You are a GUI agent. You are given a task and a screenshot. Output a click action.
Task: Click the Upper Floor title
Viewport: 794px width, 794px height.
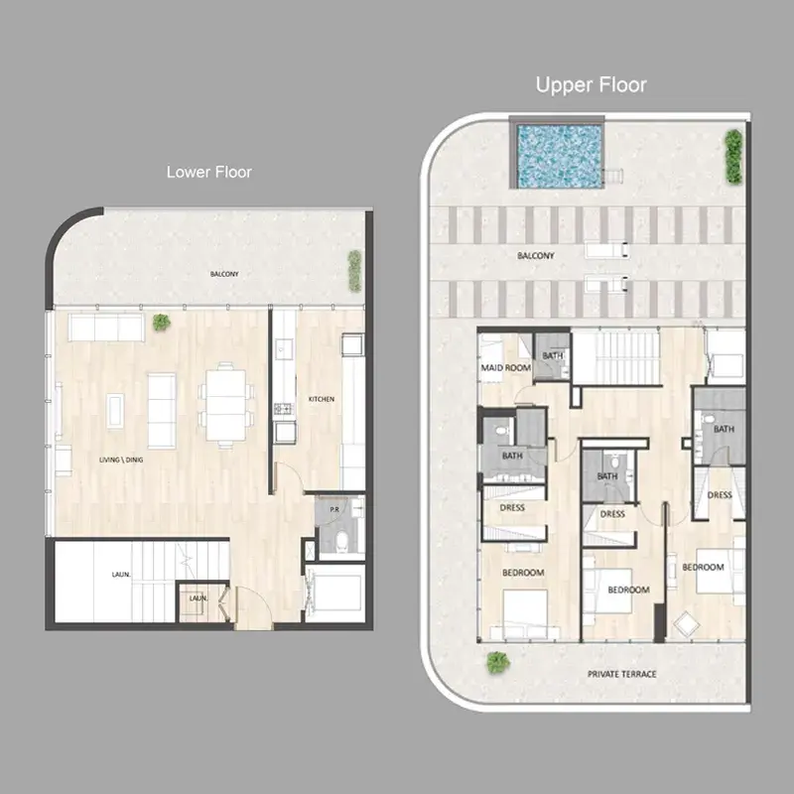(x=591, y=85)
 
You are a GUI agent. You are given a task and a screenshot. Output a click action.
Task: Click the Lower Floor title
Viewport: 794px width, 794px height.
(x=209, y=172)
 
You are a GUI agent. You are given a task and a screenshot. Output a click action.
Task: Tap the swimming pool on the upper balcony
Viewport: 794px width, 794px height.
(x=560, y=156)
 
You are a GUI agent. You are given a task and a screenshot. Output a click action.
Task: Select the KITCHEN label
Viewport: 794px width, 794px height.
(x=322, y=399)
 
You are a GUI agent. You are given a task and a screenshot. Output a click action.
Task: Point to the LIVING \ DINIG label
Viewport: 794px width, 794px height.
(x=121, y=460)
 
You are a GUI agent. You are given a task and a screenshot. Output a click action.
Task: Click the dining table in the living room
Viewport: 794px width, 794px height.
(x=226, y=406)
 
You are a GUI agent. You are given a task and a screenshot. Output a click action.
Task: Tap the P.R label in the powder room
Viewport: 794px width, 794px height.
(x=334, y=509)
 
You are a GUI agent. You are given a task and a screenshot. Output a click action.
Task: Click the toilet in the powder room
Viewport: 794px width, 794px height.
(x=342, y=540)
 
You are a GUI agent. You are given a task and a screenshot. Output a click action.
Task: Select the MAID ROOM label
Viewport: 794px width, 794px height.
(x=506, y=367)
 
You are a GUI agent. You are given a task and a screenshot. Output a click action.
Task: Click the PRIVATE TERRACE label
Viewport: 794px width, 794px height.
(x=622, y=674)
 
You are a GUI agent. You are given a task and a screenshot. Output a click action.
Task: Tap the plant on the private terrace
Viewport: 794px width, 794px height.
(x=498, y=662)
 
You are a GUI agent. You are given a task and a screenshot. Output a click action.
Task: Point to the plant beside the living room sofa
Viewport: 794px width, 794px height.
(x=162, y=322)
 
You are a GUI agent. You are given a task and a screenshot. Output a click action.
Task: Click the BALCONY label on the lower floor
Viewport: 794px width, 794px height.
(x=224, y=274)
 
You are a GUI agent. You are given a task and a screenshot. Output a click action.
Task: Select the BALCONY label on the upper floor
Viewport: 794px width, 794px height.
(x=536, y=256)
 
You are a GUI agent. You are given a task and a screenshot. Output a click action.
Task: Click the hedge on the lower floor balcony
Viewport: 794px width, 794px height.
(x=354, y=271)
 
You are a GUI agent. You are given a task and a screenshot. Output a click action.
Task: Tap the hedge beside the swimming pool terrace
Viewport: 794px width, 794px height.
(x=733, y=156)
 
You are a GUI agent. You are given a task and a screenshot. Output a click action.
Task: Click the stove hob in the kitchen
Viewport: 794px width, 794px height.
(x=283, y=409)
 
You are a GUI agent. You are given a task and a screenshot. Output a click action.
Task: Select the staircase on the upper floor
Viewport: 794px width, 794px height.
(x=616, y=357)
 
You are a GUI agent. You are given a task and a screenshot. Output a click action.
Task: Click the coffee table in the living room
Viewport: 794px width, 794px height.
(x=115, y=411)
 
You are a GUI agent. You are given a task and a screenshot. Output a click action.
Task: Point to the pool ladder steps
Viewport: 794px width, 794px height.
(x=614, y=176)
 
